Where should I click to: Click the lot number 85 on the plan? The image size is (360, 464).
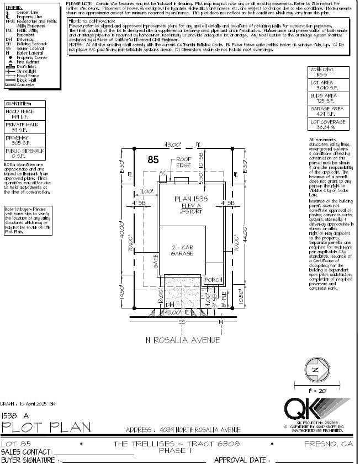coord(153,160)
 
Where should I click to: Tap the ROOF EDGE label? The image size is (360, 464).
coord(183,162)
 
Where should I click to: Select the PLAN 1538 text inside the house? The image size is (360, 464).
coord(191,199)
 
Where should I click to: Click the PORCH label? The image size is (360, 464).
coord(213,280)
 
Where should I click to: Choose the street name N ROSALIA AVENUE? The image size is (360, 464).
coord(182,340)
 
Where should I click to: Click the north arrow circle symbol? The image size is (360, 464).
coord(315,370)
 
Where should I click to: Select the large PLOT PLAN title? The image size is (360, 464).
coord(46,428)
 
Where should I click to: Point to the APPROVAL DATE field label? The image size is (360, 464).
coord(241,460)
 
